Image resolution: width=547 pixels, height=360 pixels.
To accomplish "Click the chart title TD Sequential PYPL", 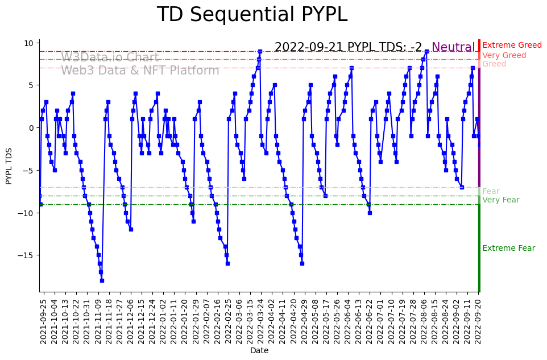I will [252, 15].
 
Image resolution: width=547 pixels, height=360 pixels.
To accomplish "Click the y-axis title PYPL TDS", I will [9, 165].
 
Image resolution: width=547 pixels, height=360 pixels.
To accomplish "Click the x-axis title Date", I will [259, 351].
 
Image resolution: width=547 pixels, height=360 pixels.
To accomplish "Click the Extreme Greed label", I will [512, 45].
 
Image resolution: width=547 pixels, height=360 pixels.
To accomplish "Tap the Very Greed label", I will [504, 56].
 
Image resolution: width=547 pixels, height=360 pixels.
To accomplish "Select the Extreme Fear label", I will [508, 249].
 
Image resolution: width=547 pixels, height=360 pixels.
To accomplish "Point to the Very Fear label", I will [500, 200].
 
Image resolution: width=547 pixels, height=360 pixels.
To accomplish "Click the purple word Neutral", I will [453, 48].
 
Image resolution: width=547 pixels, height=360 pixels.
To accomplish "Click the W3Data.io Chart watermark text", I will [110, 57].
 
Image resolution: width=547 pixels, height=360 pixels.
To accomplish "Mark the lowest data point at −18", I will [102, 280].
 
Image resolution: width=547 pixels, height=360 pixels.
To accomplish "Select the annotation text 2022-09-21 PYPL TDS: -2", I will [348, 48].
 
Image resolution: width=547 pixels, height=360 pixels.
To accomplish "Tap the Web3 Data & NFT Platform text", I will [140, 71].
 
